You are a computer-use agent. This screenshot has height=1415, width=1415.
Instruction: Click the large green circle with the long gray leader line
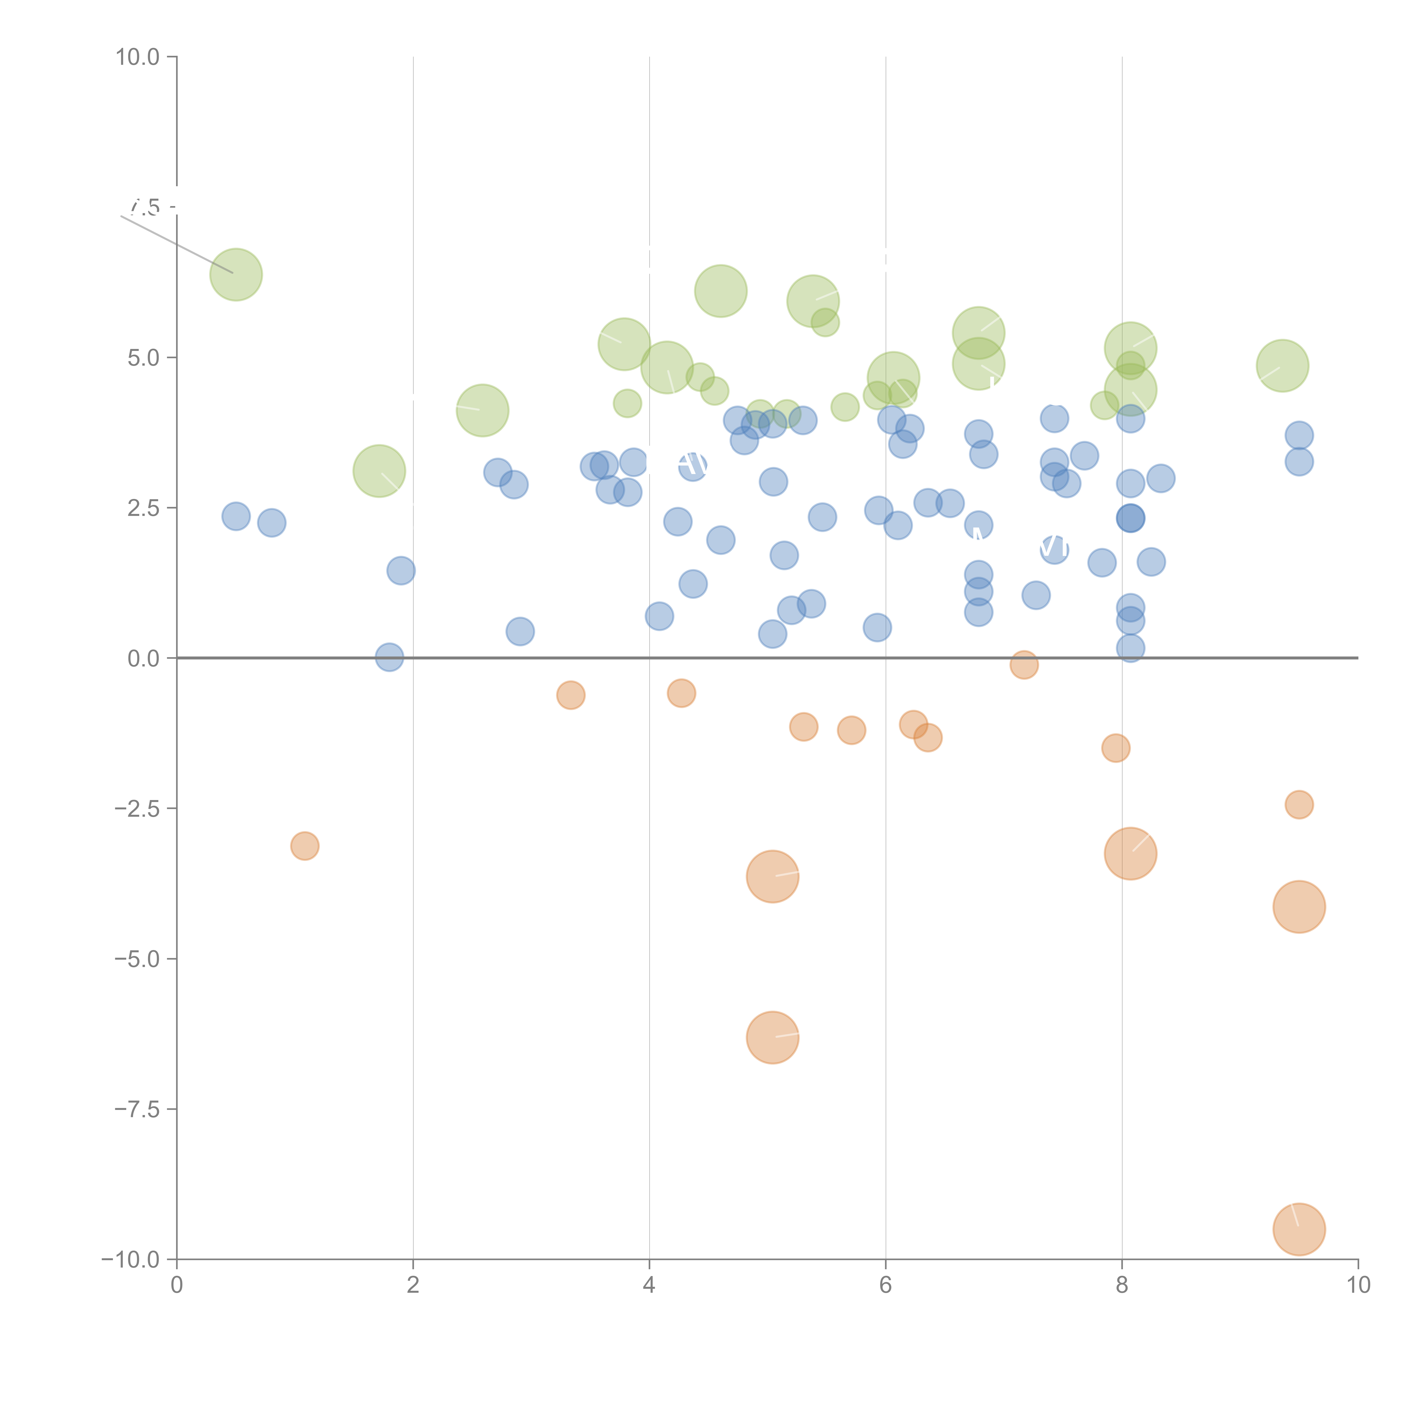(236, 275)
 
